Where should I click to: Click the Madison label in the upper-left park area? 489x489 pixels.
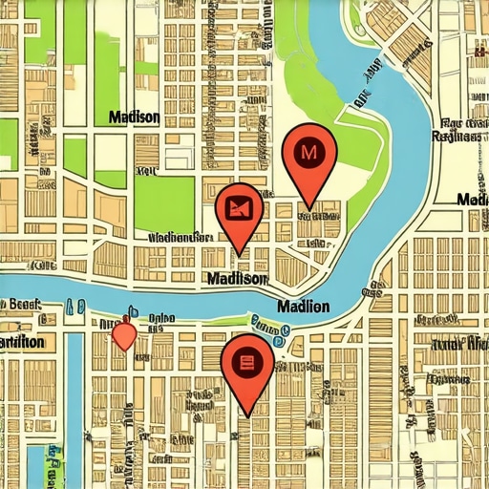pos(134,117)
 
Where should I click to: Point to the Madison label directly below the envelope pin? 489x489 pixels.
pos(236,278)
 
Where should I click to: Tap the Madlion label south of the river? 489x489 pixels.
pos(302,307)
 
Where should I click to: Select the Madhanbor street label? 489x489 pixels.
pos(180,235)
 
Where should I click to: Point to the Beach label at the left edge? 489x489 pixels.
pos(21,305)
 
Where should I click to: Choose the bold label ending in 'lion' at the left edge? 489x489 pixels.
pos(22,342)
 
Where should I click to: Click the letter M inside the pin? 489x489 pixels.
pos(308,151)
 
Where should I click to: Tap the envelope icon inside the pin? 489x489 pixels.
pos(240,205)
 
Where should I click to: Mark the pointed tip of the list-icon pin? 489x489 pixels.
pos(248,415)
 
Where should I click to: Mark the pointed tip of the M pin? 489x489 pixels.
pos(308,207)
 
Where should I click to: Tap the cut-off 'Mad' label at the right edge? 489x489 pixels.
pos(473,200)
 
